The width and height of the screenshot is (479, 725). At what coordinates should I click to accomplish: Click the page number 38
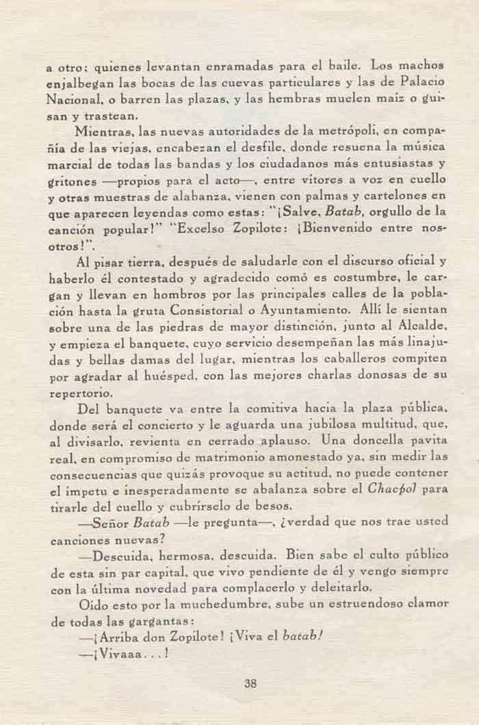click(249, 681)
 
